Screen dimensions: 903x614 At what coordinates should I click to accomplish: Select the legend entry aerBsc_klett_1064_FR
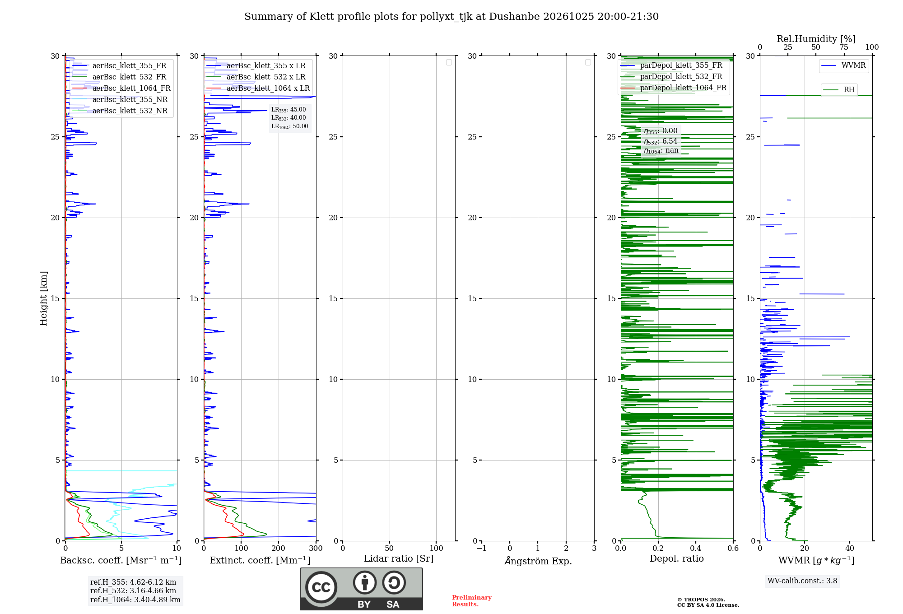121,88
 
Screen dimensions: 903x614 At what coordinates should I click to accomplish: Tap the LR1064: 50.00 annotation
290,126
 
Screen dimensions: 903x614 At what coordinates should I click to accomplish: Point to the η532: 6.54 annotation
661,141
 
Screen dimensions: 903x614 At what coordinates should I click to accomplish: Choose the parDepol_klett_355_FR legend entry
671,65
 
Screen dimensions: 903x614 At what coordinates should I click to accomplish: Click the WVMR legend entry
843,65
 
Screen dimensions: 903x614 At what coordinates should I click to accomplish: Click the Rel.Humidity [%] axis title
816,39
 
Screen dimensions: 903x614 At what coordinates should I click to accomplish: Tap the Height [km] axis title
43,298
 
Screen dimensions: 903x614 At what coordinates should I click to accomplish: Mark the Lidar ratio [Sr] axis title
399,559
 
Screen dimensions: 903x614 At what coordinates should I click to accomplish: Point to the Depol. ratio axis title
677,558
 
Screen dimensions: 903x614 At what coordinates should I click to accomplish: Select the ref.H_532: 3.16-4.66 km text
133,591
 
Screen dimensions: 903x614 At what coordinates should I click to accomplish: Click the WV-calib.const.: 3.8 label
802,581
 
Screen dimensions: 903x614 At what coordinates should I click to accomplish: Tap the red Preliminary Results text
472,601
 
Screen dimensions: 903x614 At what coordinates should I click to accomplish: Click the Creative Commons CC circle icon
321,587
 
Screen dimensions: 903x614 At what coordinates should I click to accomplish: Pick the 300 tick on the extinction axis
316,549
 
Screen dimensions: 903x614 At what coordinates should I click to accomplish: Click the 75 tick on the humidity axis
844,47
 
